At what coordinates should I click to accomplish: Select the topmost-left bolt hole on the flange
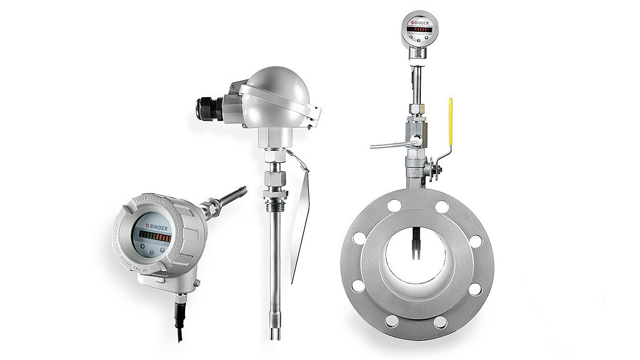(393, 205)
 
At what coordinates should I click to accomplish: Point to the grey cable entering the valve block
(389, 144)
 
